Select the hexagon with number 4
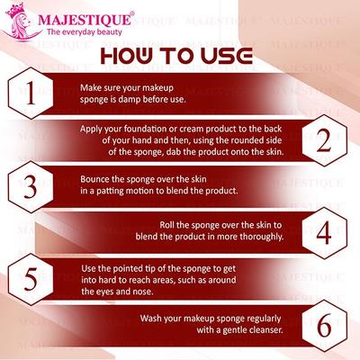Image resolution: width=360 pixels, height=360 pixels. tap(326, 231)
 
